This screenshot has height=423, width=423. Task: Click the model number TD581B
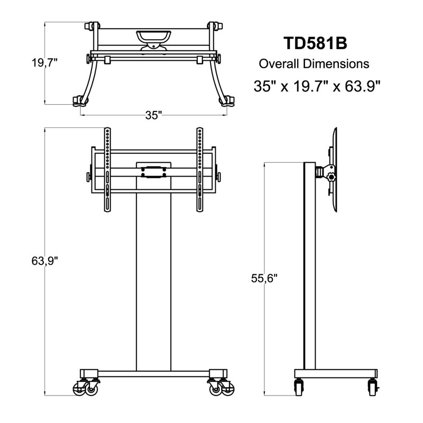(x=315, y=43)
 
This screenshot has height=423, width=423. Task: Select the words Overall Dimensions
(x=314, y=64)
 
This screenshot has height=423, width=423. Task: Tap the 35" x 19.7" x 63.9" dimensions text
(x=317, y=86)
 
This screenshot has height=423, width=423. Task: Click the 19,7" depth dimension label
(x=45, y=63)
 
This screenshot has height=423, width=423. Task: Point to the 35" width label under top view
(x=153, y=115)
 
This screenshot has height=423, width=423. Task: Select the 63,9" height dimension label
(x=45, y=261)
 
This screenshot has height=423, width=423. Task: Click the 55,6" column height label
(x=264, y=278)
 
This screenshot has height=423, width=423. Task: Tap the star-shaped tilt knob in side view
(x=331, y=177)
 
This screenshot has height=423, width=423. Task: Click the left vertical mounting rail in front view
(x=107, y=170)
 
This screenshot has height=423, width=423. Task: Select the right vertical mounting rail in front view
(x=200, y=170)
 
